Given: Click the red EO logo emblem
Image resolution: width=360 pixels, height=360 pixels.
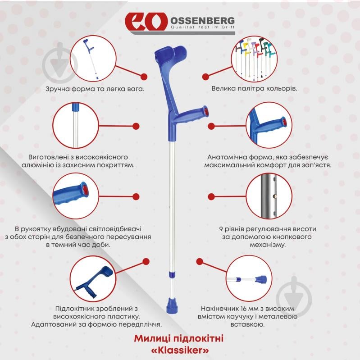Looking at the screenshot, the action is (146, 21).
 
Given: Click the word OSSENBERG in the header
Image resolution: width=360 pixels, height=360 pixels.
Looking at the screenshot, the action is (202, 21).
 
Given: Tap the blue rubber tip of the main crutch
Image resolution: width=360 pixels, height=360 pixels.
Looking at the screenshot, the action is (172, 305).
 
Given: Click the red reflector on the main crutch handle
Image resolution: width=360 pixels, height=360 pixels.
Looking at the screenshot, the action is (206, 111).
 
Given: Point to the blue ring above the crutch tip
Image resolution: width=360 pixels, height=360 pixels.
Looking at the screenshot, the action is (172, 274).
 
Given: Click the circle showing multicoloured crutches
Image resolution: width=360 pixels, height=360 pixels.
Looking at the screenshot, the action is (254, 59).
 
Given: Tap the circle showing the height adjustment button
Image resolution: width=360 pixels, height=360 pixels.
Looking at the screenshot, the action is (269, 196).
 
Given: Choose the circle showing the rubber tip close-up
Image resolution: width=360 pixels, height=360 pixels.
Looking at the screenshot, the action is (249, 278).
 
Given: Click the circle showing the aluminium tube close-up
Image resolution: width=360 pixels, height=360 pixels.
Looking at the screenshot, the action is (76, 125).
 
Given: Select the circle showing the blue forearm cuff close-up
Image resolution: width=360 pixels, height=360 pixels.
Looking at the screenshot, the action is (93, 279).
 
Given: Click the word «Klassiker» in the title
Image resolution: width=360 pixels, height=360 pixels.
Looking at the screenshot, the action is (180, 350).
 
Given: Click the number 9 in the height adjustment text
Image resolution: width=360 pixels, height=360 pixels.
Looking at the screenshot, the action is (221, 229).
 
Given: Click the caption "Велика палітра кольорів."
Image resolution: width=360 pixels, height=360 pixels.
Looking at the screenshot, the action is (254, 89).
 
